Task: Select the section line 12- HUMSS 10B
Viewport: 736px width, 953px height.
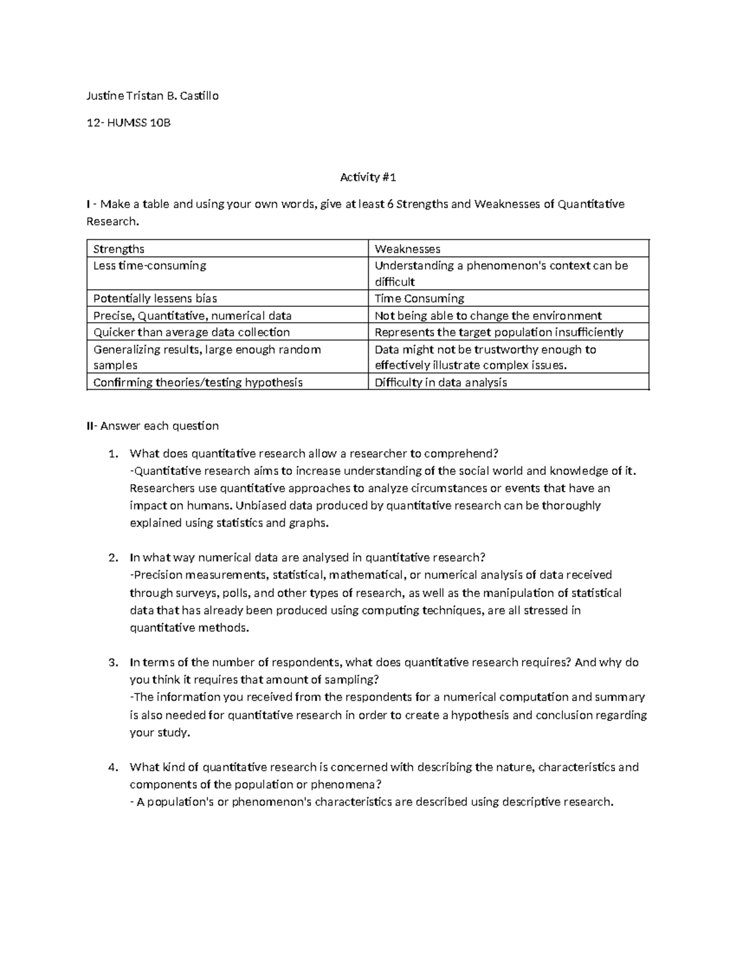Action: (x=128, y=123)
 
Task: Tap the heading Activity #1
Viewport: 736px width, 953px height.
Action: (x=368, y=177)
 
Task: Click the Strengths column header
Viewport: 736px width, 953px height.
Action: (x=118, y=249)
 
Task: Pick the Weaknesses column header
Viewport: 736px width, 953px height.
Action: (x=407, y=249)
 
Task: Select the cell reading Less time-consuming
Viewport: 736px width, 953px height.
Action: (x=149, y=266)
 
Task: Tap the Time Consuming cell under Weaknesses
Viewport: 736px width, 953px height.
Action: (x=419, y=299)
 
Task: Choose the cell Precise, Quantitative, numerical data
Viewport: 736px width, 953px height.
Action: (x=192, y=316)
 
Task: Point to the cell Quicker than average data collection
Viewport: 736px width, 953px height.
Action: (x=191, y=333)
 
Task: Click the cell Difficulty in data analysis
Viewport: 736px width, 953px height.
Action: (x=440, y=382)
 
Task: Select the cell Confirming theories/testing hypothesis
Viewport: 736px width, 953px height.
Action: (x=197, y=382)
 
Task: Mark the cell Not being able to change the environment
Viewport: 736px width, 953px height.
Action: (x=488, y=316)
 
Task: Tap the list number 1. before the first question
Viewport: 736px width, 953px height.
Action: (x=112, y=454)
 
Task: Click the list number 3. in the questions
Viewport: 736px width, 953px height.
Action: (x=112, y=663)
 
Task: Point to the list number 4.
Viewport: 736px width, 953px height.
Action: (x=112, y=767)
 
